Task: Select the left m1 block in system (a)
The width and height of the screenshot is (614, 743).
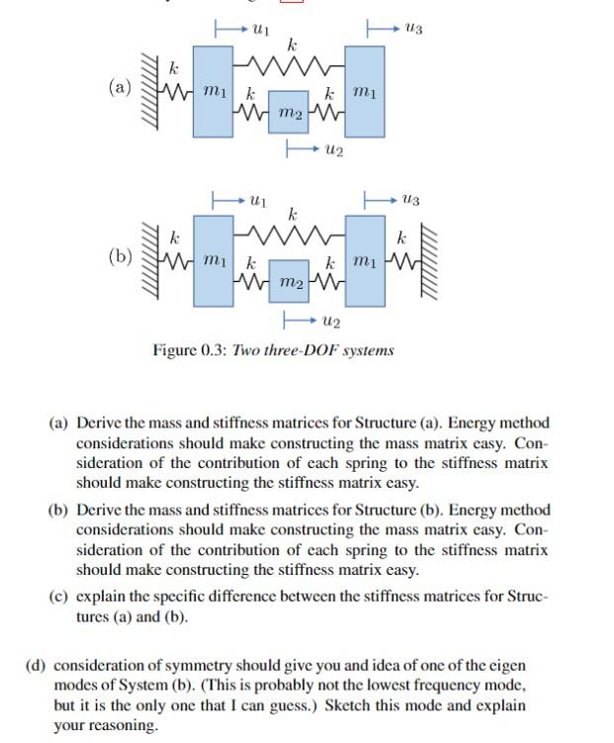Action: click(213, 91)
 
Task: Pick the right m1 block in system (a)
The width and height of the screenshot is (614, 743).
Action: click(365, 91)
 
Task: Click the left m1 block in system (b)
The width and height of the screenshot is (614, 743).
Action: click(213, 259)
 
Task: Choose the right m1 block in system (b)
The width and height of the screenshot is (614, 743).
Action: click(365, 259)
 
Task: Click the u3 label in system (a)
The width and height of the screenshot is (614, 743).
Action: click(413, 31)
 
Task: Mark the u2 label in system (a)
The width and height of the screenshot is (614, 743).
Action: click(332, 150)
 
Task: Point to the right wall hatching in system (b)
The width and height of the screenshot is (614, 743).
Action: click(431, 259)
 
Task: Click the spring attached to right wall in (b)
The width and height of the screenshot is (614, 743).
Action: click(404, 261)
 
